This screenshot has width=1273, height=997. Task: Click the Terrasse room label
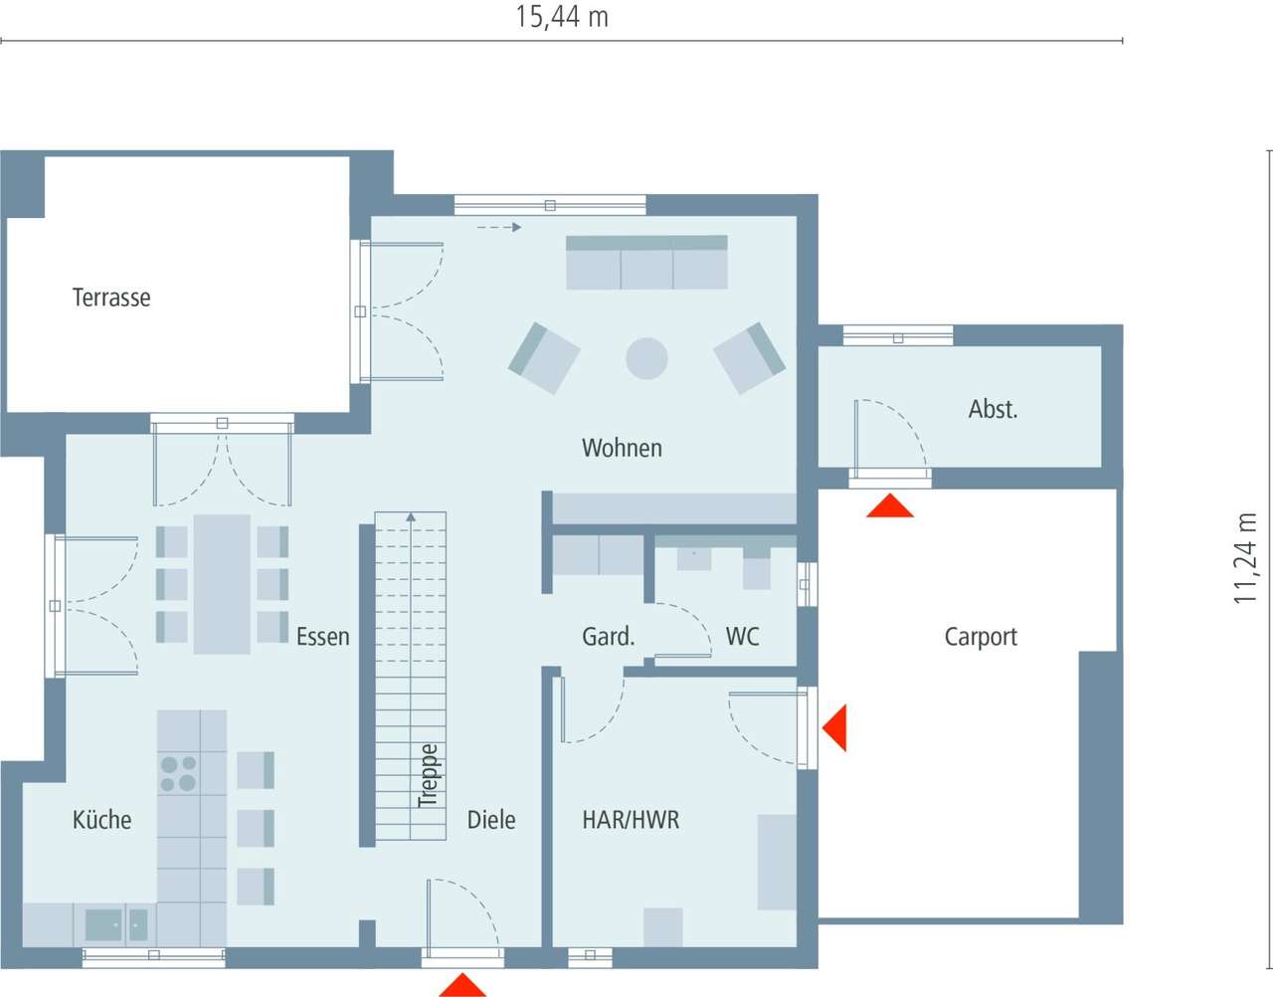tap(111, 298)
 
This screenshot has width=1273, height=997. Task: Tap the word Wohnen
tap(622, 448)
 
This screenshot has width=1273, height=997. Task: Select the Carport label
tap(980, 637)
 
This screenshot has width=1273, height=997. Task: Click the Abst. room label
tap(993, 409)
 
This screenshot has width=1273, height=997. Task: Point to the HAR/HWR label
tap(631, 820)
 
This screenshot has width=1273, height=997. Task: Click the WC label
tap(742, 637)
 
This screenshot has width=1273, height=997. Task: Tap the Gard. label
tap(608, 637)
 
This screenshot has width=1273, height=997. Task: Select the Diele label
tap(491, 820)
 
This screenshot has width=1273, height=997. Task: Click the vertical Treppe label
tap(428, 775)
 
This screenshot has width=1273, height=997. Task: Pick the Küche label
tap(101, 820)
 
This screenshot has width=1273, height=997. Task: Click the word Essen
tap(322, 637)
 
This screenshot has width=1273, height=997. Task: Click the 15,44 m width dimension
tap(562, 17)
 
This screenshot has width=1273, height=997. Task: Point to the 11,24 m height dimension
tap(1246, 558)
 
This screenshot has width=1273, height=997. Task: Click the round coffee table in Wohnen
tap(646, 358)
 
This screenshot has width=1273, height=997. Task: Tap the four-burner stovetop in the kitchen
tap(178, 774)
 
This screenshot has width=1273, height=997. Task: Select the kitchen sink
tap(103, 924)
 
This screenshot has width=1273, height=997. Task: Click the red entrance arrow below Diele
tap(462, 985)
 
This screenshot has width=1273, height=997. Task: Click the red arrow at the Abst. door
tap(889, 506)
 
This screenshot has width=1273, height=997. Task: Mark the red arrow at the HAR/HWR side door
tap(834, 727)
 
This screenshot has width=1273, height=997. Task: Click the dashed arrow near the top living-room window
tap(499, 228)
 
